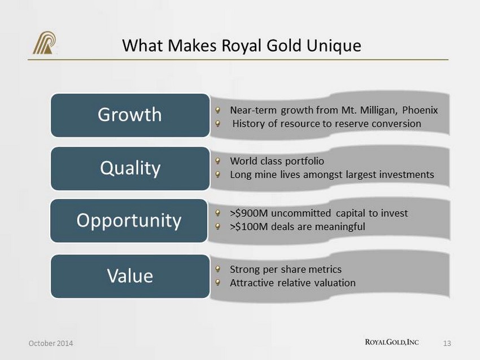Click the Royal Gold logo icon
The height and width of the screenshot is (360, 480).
click(45, 43)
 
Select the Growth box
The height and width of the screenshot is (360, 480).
click(130, 115)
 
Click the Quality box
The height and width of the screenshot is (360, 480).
click(130, 169)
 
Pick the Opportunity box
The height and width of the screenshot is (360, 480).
click(129, 221)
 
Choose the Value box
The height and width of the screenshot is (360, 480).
click(130, 276)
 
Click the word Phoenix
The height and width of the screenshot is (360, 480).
click(420, 110)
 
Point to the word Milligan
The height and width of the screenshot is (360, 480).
click(379, 110)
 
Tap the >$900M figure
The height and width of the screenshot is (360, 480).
click(248, 213)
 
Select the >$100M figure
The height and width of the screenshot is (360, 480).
click(248, 227)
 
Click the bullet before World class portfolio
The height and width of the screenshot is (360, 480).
click(217, 161)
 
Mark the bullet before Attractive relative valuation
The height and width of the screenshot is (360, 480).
click(217, 282)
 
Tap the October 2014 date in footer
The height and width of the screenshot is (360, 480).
click(51, 343)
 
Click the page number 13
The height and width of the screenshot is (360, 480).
click(447, 344)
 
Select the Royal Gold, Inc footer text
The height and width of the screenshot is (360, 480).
click(392, 342)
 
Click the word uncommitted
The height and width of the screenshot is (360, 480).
click(301, 213)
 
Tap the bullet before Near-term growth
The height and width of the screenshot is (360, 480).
click(217, 109)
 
